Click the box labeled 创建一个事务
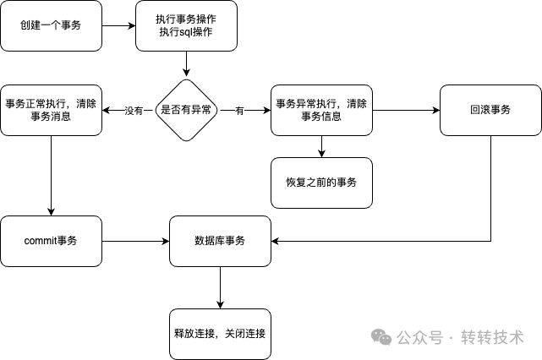pyautogui.click(x=51, y=25)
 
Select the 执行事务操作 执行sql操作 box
pyautogui.click(x=186, y=25)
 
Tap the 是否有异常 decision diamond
pyautogui.click(x=186, y=110)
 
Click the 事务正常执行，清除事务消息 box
pyautogui.click(x=51, y=111)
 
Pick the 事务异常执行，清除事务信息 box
pyautogui.click(x=321, y=111)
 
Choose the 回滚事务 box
pyautogui.click(x=490, y=111)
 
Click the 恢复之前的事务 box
pyautogui.click(x=321, y=183)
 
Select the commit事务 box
pyautogui.click(x=51, y=241)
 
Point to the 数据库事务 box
pyautogui.click(x=220, y=241)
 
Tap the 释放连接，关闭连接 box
pyautogui.click(x=220, y=333)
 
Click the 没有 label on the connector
pyautogui.click(x=134, y=111)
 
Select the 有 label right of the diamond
pyautogui.click(x=239, y=111)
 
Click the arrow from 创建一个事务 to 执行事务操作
pyautogui.click(x=118, y=25)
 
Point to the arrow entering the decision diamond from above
pyautogui.click(x=186, y=64)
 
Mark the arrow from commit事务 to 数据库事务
pyautogui.click(x=135, y=241)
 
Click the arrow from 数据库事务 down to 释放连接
pyautogui.click(x=220, y=287)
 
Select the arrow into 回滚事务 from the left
pyautogui.click(x=406, y=111)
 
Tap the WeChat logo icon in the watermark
pyautogui.click(x=384, y=336)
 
